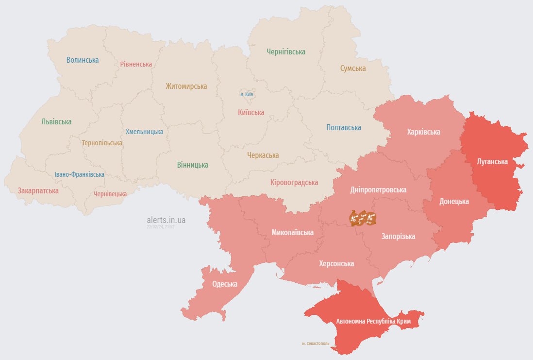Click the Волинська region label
click(83, 60)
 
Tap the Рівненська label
click(136, 64)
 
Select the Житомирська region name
click(186, 86)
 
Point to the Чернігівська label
click(286, 51)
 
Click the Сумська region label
click(352, 69)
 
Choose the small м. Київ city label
click(247, 94)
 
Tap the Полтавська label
click(343, 128)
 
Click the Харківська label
click(423, 132)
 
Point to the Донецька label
click(454, 201)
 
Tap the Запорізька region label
click(398, 237)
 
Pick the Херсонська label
click(336, 264)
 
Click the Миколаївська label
click(292, 233)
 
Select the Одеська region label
click(225, 284)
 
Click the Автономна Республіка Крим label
click(374, 322)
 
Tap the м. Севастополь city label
click(315, 343)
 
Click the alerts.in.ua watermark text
click(166, 220)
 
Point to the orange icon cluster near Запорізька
click(363, 218)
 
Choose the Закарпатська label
click(38, 191)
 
